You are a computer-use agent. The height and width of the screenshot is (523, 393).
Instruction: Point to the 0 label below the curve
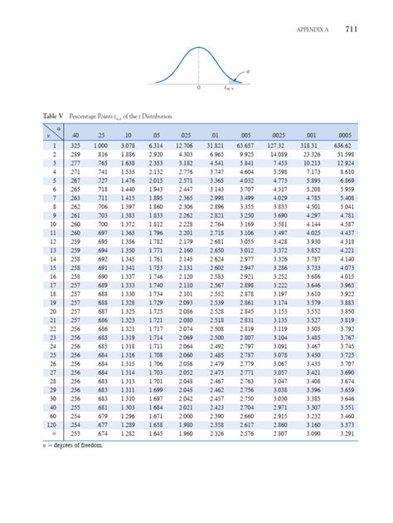click(x=199, y=88)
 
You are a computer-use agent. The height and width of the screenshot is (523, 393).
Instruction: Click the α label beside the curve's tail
click(x=248, y=72)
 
